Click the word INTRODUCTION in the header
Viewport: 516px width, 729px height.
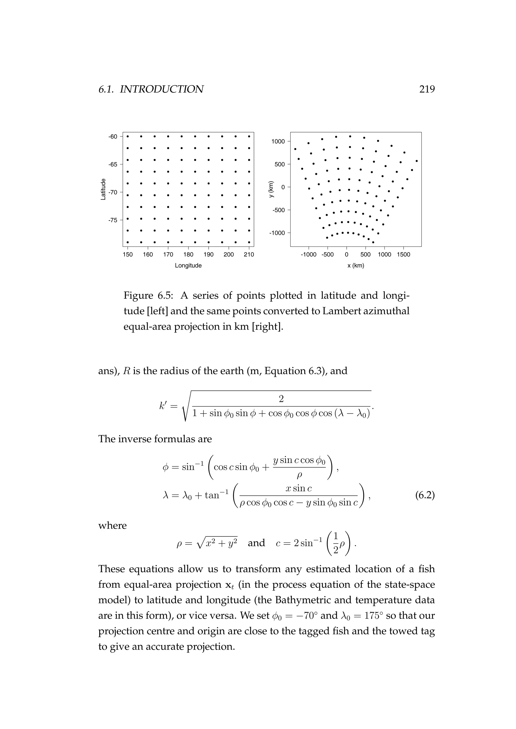pyautogui.click(x=162, y=89)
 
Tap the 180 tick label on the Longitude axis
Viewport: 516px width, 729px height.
pyautogui.click(x=188, y=254)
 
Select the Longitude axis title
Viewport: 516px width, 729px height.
pyautogui.click(x=188, y=265)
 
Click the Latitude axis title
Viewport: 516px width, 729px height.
pyautogui.click(x=103, y=189)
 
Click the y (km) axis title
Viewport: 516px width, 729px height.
pyautogui.click(x=271, y=189)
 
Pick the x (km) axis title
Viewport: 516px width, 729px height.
pyautogui.click(x=356, y=265)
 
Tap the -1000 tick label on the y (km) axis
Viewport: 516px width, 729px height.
pyautogui.click(x=277, y=233)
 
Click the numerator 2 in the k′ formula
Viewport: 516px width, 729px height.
pyautogui.click(x=281, y=399)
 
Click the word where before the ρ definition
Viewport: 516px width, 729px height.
pyautogui.click(x=112, y=525)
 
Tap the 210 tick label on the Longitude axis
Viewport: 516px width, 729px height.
pyautogui.click(x=249, y=254)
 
